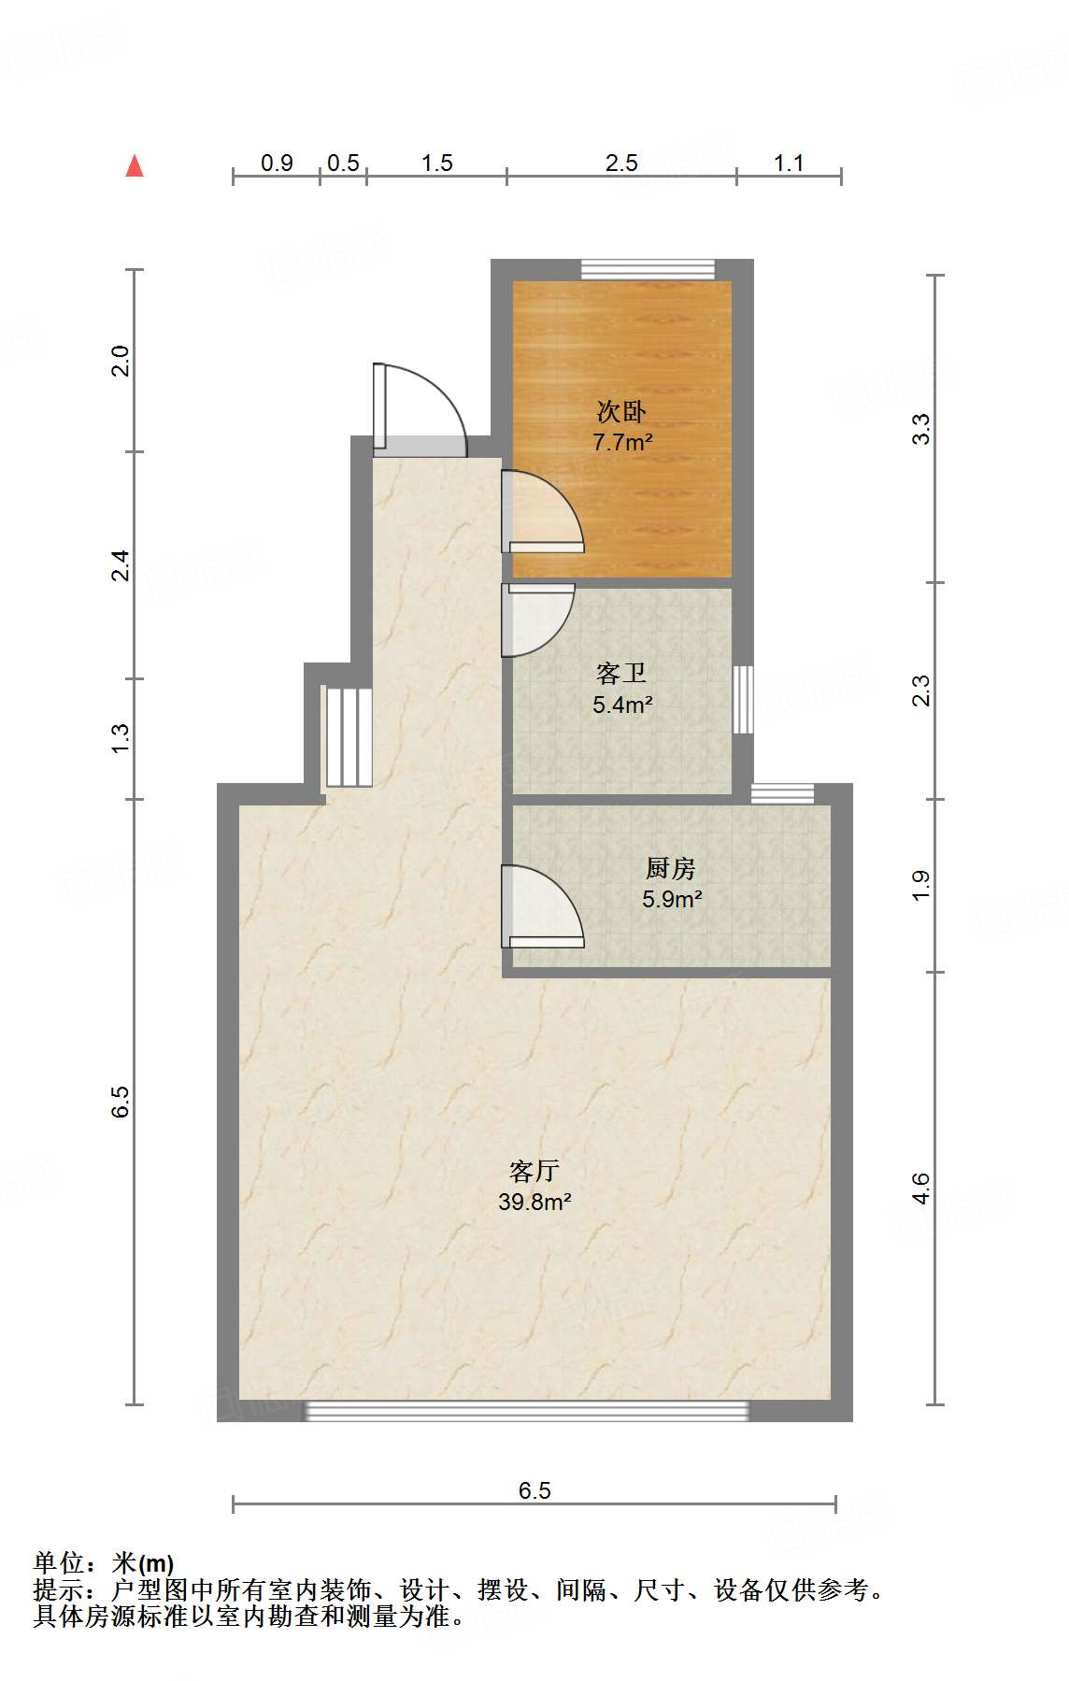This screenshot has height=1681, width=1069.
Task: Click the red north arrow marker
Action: tap(135, 166)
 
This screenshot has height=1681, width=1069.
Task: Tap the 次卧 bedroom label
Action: tap(621, 411)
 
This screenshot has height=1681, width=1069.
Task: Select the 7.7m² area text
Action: tap(622, 442)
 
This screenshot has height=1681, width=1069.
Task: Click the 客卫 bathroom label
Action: tap(621, 673)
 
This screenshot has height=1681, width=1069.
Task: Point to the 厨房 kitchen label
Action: tap(671, 868)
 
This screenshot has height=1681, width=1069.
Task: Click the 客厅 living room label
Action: tap(534, 1171)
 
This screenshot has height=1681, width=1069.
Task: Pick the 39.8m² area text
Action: tap(534, 1202)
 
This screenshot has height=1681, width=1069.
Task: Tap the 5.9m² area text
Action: tap(672, 899)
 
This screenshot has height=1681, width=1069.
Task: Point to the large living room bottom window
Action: tap(528, 1411)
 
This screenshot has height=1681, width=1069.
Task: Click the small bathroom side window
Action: tap(742, 699)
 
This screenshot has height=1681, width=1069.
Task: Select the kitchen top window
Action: tap(783, 793)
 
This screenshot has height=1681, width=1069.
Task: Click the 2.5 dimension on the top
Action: tap(621, 164)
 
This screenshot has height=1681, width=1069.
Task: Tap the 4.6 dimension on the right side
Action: tap(920, 1188)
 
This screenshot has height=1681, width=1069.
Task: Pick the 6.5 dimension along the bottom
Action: tap(534, 1490)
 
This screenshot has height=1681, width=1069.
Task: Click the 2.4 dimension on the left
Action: tap(121, 565)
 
